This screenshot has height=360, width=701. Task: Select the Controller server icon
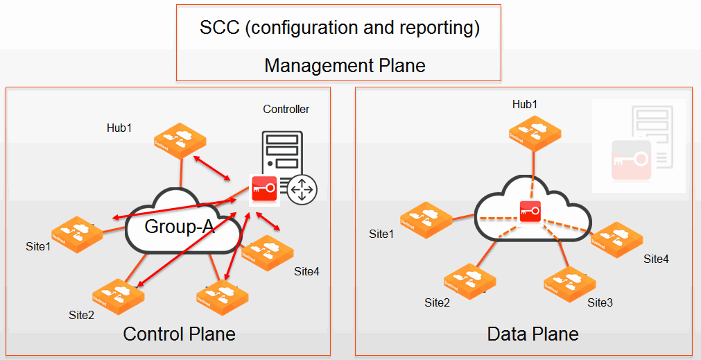[282, 150]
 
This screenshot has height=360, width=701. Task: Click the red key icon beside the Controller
[264, 187]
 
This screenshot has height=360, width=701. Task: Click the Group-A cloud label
[180, 227]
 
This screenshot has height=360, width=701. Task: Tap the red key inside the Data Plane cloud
[530, 211]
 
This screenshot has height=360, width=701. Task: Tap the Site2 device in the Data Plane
[469, 282]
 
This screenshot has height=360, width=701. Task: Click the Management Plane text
[345, 66]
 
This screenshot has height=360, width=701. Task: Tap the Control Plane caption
[179, 334]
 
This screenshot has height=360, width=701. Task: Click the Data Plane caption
[533, 334]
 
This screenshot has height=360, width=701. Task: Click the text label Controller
[286, 109]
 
